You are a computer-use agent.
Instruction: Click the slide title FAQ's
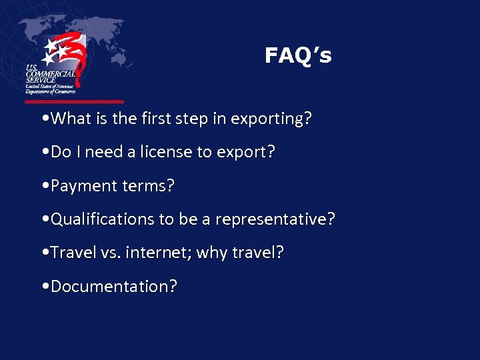[x=297, y=55]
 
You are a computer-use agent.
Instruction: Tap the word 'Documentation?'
[x=114, y=287]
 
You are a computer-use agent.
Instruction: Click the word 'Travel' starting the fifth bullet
[x=73, y=253]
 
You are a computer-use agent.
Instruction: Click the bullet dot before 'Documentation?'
[x=43, y=287]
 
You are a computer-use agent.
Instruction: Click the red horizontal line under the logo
[x=74, y=102]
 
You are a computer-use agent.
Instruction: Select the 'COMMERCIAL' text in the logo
[x=51, y=75]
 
